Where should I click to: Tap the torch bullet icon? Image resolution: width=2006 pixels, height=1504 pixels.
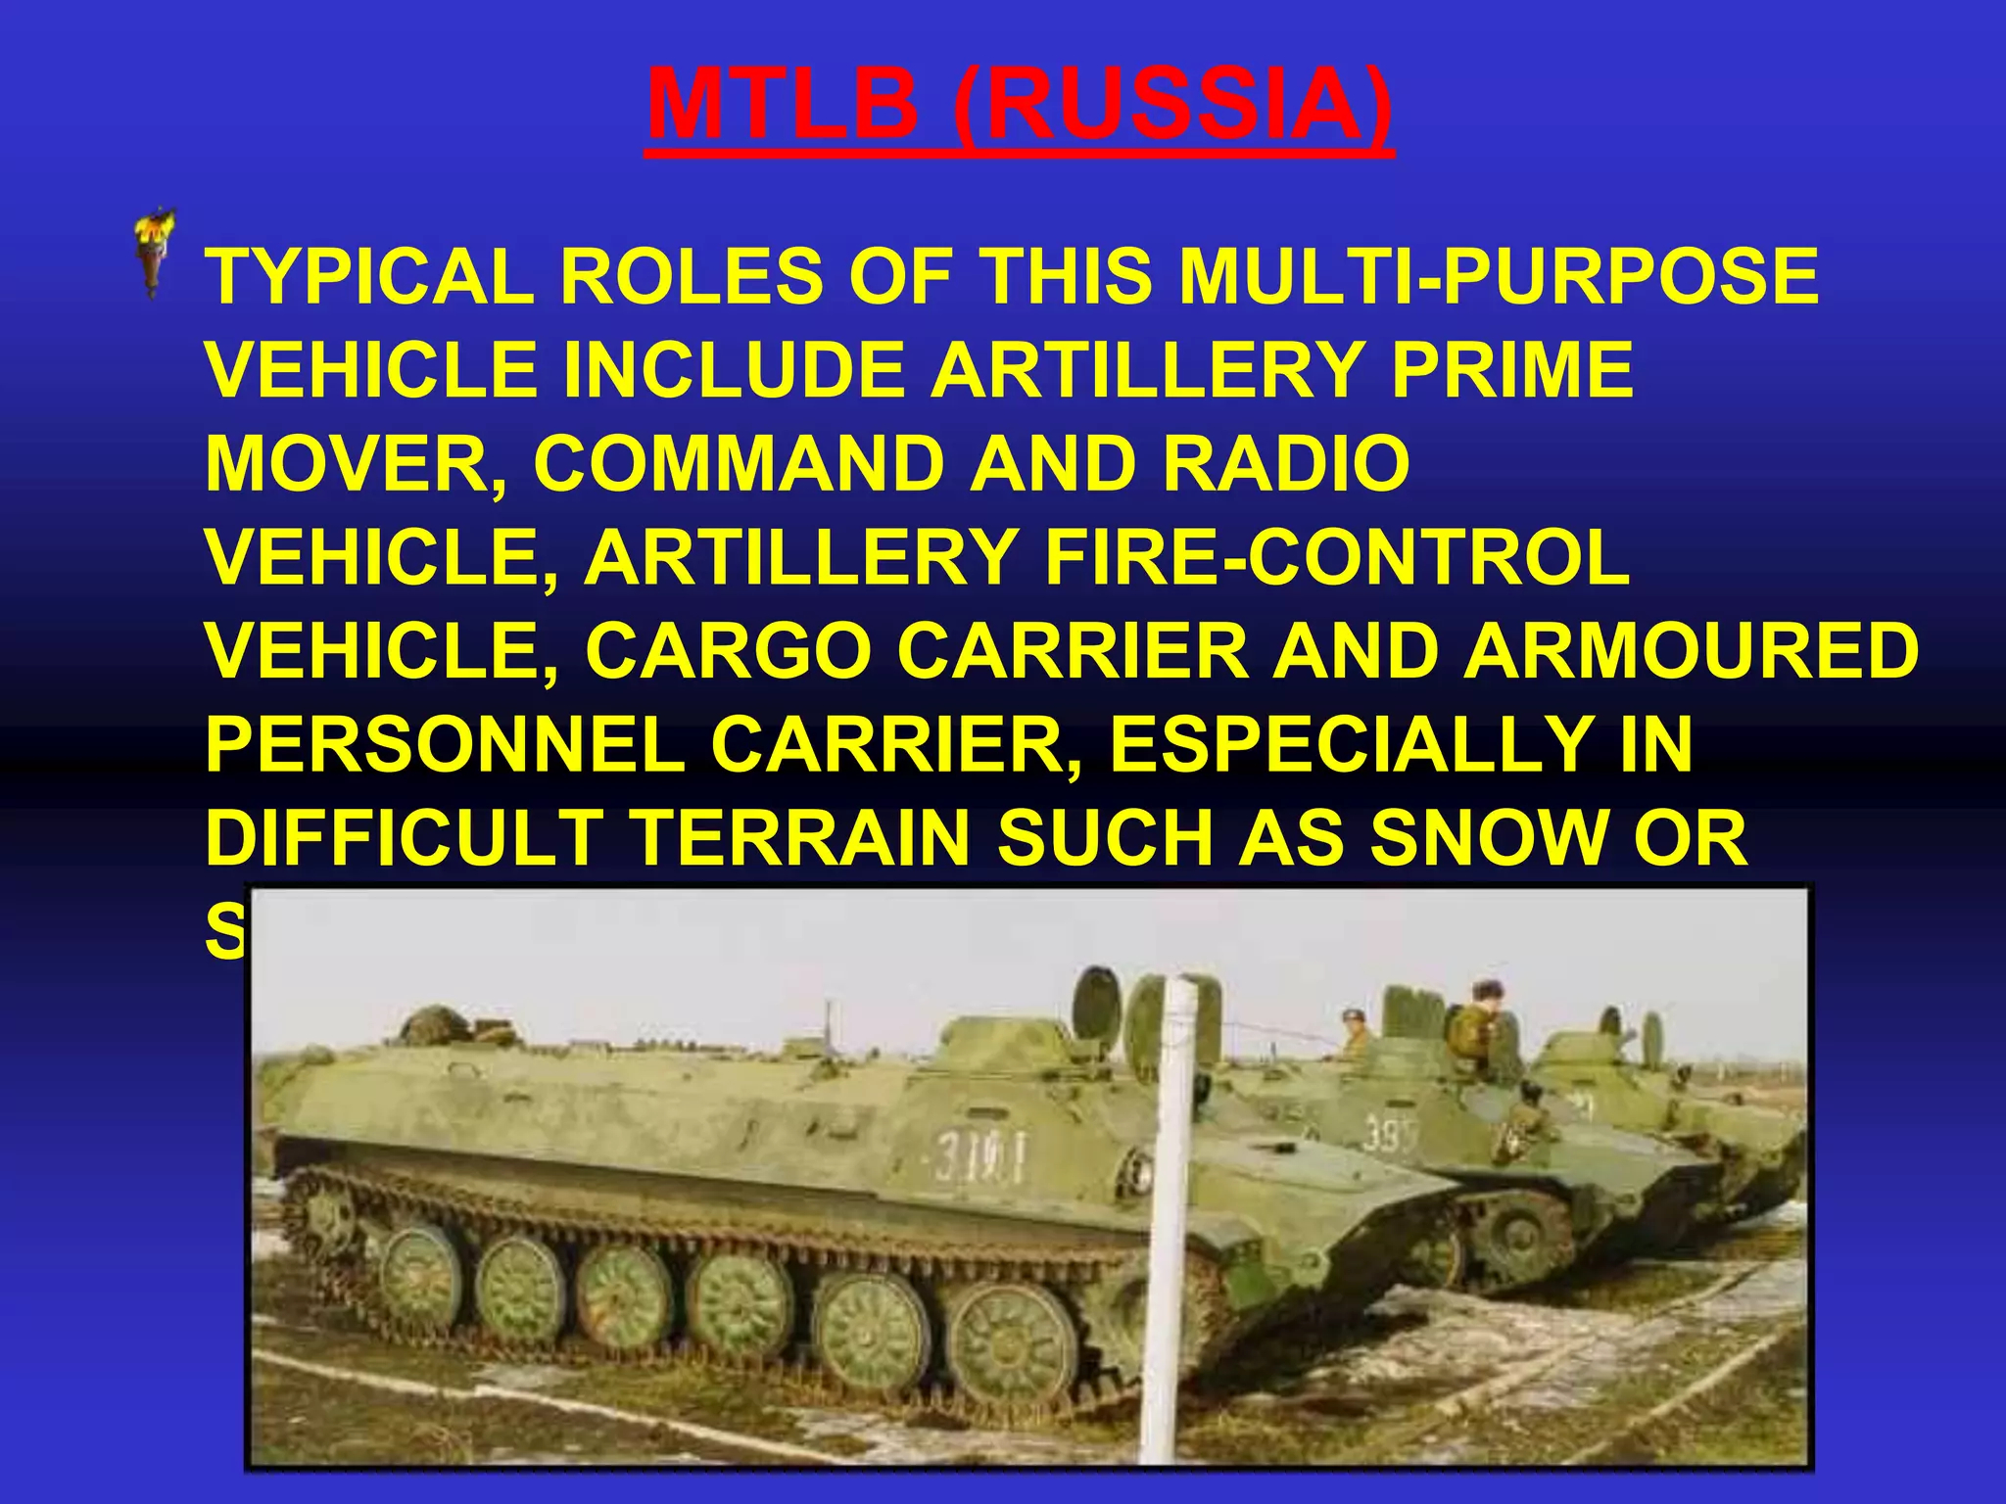(155, 252)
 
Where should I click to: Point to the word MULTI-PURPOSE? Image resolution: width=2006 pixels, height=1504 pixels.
(1499, 276)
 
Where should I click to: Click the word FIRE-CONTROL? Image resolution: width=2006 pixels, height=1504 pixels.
(1337, 557)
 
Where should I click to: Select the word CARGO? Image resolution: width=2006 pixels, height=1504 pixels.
(729, 651)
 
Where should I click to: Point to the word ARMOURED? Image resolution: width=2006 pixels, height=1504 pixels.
(1691, 651)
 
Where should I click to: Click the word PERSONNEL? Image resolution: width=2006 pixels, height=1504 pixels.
(446, 745)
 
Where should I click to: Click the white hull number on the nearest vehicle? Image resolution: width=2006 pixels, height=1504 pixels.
(979, 1155)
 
